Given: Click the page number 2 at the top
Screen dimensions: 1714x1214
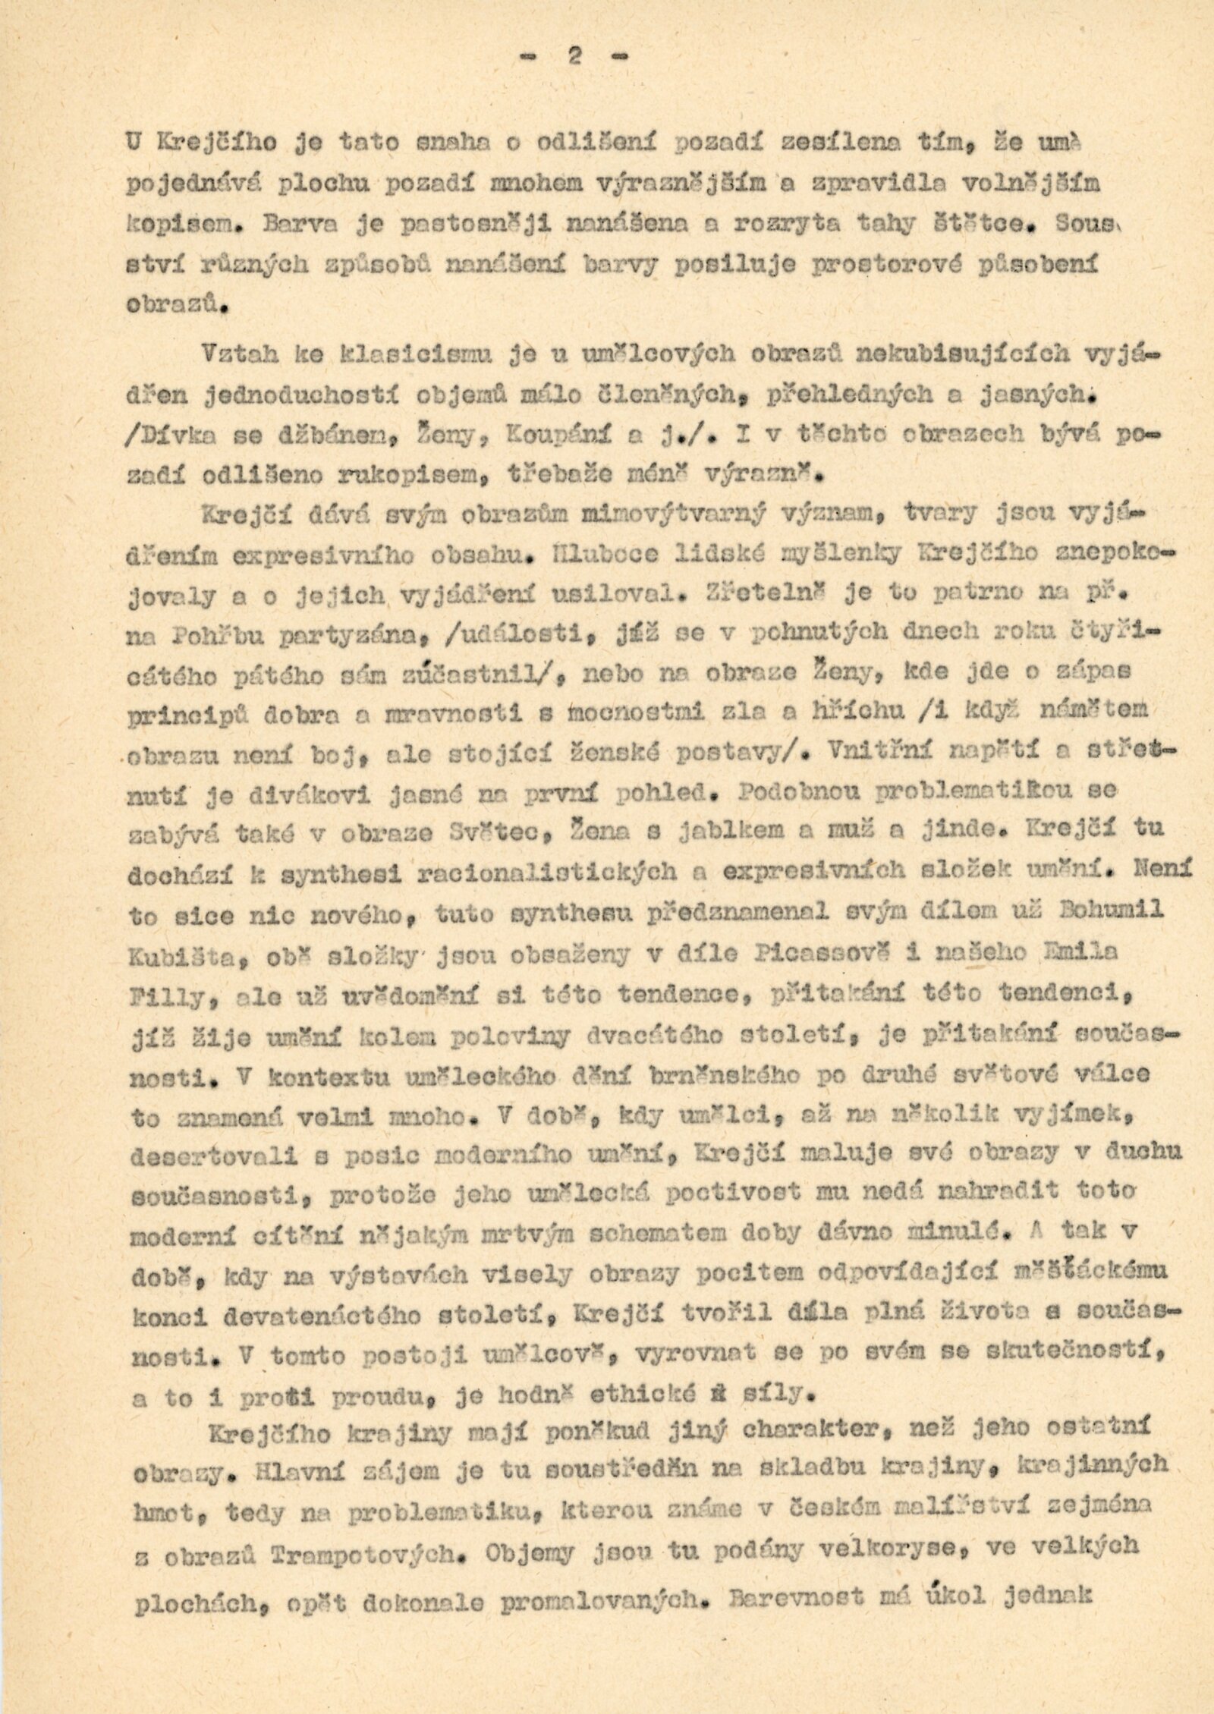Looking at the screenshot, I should point(576,58).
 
